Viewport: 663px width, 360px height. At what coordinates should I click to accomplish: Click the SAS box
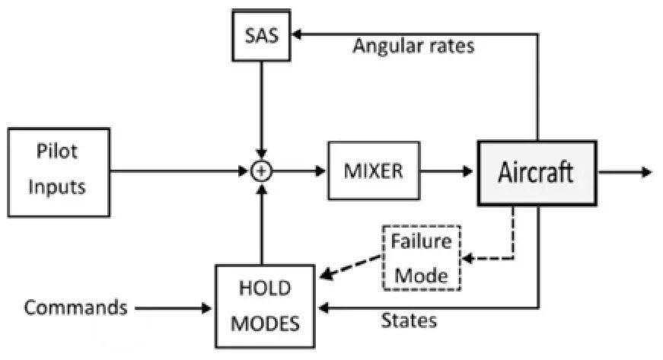(262, 36)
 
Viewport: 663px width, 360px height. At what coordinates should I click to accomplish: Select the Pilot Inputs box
(59, 173)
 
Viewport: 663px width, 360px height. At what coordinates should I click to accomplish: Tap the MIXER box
(374, 170)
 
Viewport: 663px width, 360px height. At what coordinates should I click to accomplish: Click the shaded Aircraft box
(537, 173)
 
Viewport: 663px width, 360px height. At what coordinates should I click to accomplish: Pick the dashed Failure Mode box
(422, 258)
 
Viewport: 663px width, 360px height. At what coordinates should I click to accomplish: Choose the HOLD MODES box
(265, 306)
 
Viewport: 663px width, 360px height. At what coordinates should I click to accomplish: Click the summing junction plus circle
(262, 171)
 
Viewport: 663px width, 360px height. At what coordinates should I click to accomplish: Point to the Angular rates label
(413, 46)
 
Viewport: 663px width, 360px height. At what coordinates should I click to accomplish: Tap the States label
(409, 320)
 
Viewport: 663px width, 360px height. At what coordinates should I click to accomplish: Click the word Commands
(75, 307)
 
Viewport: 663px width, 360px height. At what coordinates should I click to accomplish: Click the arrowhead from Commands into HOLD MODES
(206, 308)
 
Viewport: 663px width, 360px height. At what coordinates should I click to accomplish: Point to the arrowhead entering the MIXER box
(321, 171)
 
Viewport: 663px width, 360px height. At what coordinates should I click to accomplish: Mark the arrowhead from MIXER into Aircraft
(467, 171)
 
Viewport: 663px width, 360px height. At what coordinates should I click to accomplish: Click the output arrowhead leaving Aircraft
(647, 172)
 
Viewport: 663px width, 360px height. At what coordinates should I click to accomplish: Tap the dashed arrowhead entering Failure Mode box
(468, 258)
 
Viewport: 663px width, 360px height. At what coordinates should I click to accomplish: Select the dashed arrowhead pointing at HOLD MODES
(327, 274)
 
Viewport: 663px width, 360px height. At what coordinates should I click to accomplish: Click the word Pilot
(57, 151)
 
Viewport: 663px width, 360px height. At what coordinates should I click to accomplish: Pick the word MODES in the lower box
(265, 324)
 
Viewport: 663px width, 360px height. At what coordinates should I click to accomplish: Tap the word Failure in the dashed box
(421, 241)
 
